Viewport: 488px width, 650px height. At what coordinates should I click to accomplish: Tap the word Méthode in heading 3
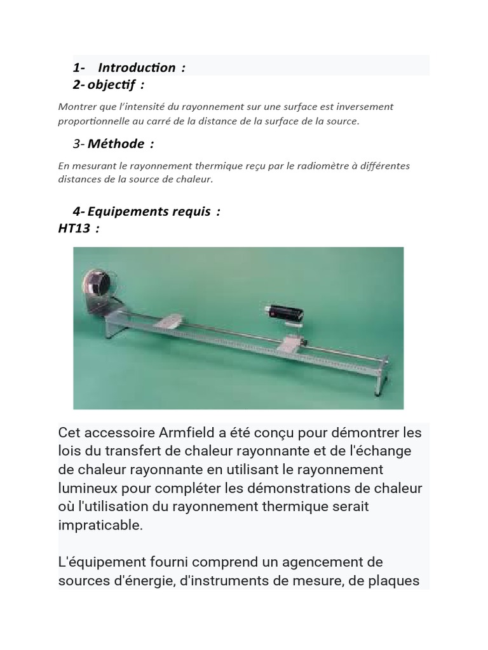click(116, 143)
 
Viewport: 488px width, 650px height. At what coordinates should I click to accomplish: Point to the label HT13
click(74, 229)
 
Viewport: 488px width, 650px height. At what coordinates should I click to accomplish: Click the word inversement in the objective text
click(365, 106)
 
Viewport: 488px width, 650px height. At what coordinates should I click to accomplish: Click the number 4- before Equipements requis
click(79, 211)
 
